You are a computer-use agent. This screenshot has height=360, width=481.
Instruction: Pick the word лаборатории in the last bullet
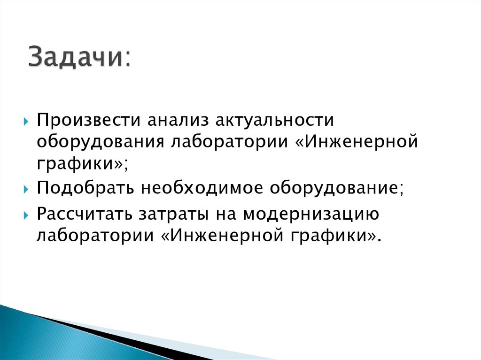point(93,235)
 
